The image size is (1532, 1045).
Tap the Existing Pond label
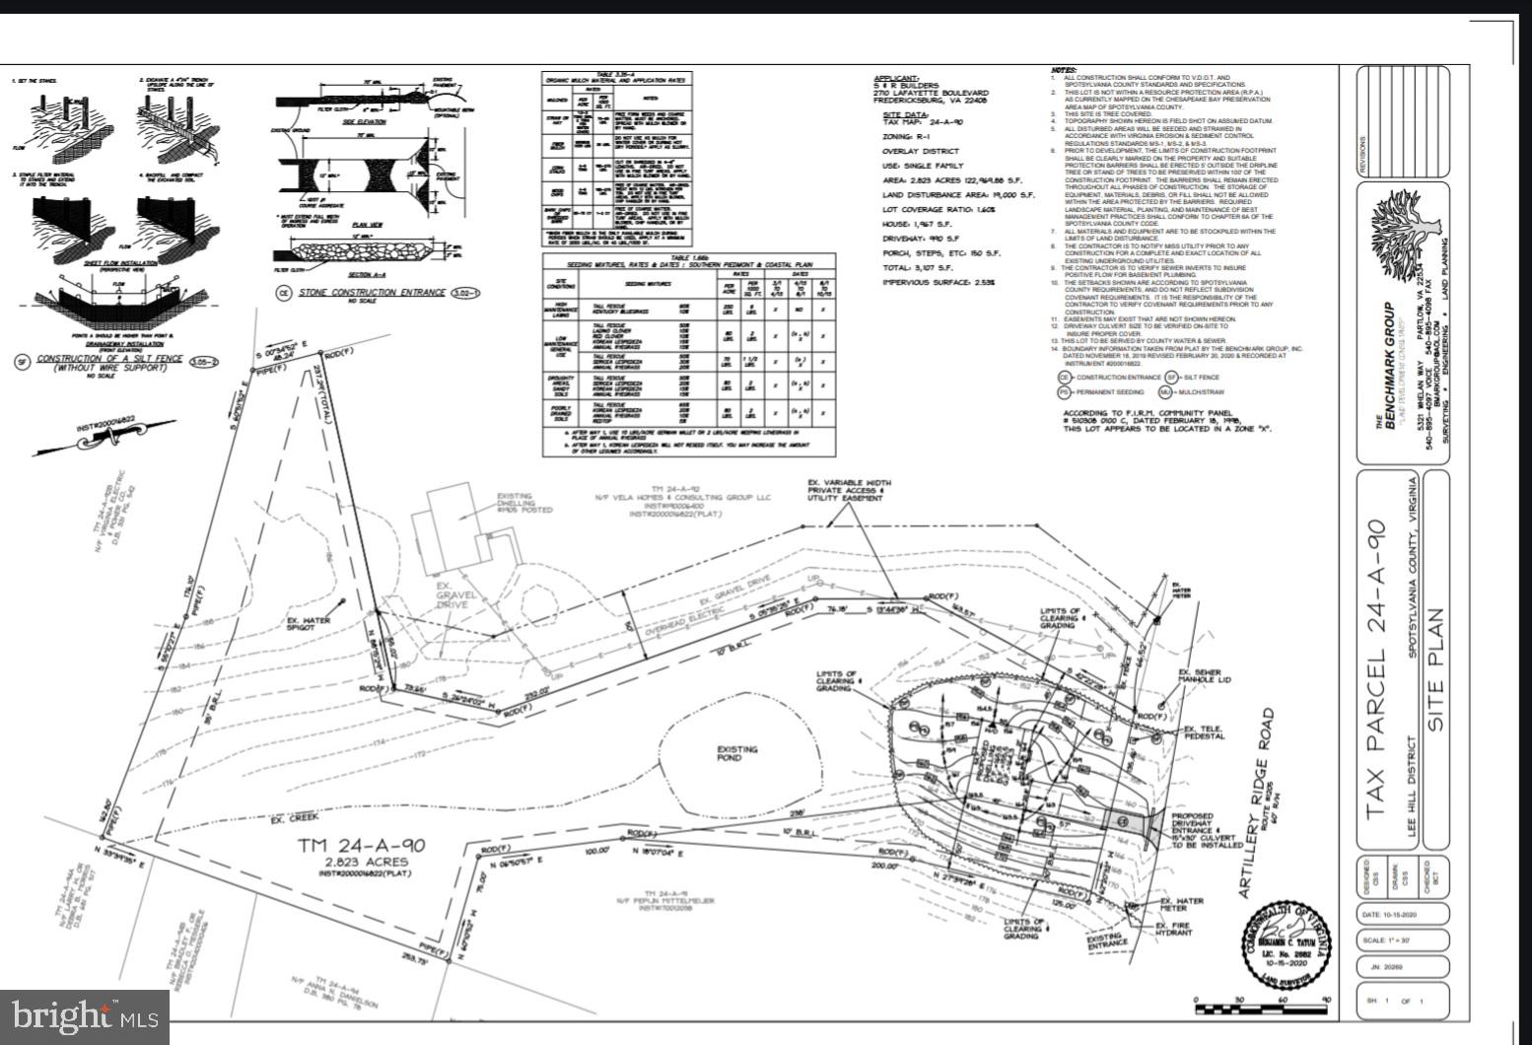click(x=737, y=755)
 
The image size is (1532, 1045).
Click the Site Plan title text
click(x=1435, y=670)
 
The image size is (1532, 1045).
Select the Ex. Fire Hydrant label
click(x=1174, y=929)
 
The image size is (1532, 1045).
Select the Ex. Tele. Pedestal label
click(x=1201, y=732)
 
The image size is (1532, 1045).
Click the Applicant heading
click(x=896, y=78)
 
